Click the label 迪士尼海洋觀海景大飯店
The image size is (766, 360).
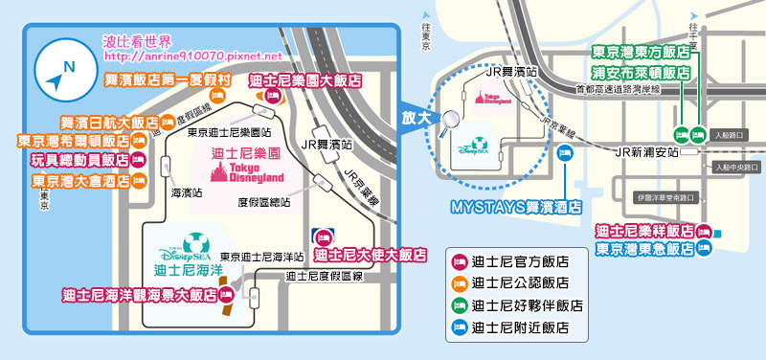tap(140, 295)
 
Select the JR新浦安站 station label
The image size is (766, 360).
tap(645, 152)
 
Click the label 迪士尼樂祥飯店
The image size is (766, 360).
tap(644, 231)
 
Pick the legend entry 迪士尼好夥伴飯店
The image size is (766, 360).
tap(520, 305)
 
